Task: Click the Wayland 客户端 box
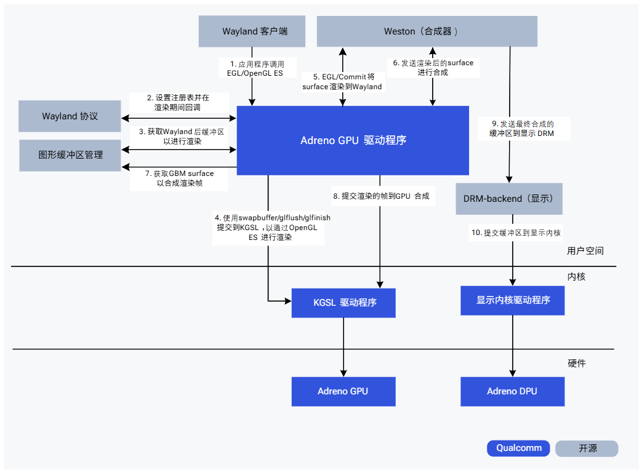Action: point(252,31)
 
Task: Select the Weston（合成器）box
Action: point(427,31)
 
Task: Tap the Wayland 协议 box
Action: point(70,116)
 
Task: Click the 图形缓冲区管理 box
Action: point(70,155)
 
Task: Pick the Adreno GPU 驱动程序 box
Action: point(353,140)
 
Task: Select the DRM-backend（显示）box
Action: point(509,199)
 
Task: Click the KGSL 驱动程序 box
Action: point(343,303)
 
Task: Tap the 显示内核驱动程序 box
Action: point(512,301)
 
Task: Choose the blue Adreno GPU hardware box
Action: point(343,391)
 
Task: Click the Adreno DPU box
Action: point(512,391)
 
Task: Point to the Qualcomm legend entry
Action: point(519,448)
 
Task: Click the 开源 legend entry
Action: point(587,448)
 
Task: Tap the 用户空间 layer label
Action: point(585,251)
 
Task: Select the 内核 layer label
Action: point(576,277)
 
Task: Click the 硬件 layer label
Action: point(576,364)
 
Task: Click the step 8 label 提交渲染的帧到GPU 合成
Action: point(380,196)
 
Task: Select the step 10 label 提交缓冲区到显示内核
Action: point(516,233)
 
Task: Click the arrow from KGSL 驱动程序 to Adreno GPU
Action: point(343,347)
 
